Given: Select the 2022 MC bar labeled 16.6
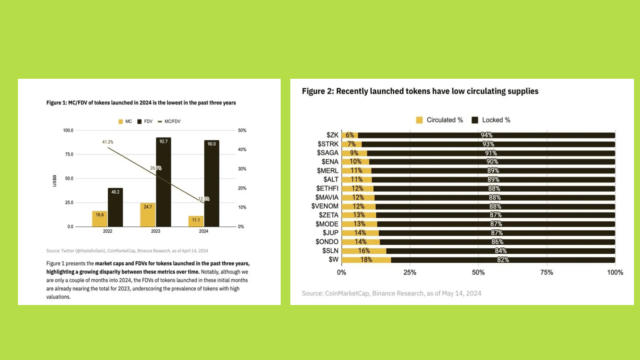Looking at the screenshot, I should (x=100, y=219).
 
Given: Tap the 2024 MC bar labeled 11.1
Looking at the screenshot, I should (x=196, y=221).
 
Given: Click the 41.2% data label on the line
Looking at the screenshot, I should (x=108, y=142).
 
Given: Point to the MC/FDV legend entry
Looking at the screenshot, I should (x=169, y=121).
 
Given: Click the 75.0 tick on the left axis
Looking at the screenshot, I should (x=69, y=154).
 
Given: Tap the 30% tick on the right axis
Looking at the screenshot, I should (x=242, y=169).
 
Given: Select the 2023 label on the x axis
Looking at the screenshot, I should (x=155, y=231).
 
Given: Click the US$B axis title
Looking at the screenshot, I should (x=55, y=181).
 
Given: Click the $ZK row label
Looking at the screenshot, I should (x=332, y=135).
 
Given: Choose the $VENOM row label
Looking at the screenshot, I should (x=325, y=206).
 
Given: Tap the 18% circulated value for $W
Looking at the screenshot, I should (x=366, y=260).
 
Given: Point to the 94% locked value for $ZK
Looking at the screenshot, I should (x=486, y=135).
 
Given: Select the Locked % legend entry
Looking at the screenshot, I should (x=491, y=120).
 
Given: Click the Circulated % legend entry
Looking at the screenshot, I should (x=440, y=120).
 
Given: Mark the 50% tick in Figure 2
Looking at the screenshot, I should (x=478, y=272).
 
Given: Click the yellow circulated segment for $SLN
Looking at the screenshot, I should (x=364, y=251).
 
